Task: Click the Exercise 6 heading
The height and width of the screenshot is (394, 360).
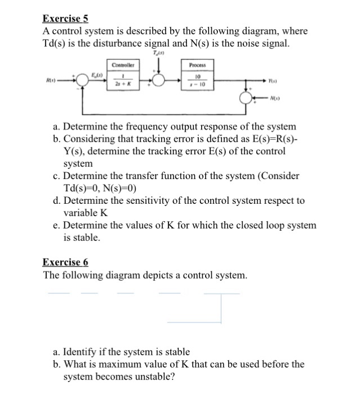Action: coord(66,262)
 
